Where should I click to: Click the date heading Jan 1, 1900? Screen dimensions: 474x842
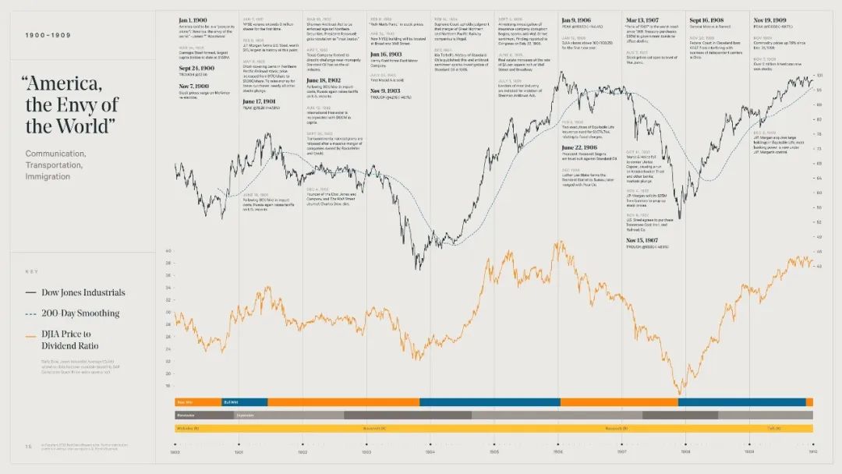[x=192, y=20]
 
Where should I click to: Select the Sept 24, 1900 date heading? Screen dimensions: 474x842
[x=195, y=69]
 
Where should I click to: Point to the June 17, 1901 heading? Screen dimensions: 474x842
[x=260, y=101]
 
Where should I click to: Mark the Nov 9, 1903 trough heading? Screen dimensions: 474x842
[x=386, y=90]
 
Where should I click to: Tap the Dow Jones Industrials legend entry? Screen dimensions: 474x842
[x=75, y=293]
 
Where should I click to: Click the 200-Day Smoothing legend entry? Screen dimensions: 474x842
[x=73, y=313]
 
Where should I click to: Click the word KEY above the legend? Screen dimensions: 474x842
[x=32, y=271]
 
